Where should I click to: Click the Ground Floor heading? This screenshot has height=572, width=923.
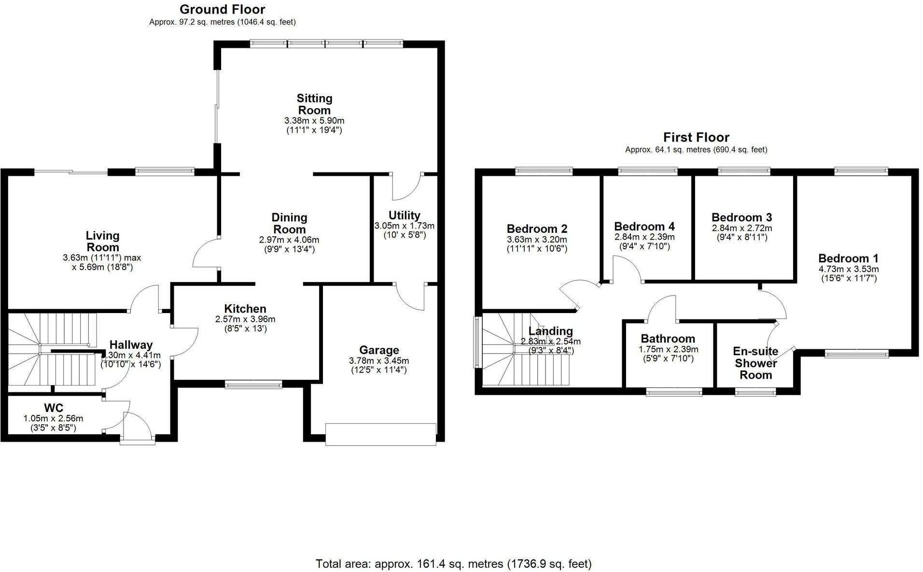(222, 9)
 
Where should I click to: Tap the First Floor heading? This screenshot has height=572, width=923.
(696, 137)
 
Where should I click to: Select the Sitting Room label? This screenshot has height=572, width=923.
(314, 104)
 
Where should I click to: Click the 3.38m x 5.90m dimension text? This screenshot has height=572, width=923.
(314, 121)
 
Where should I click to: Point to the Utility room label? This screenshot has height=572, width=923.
(404, 215)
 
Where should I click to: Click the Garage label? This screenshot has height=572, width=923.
(379, 350)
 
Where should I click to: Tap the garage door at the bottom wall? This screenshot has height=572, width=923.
(380, 434)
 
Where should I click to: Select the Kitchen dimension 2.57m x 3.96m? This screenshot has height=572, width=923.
(245, 319)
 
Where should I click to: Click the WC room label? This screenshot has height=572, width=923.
(54, 408)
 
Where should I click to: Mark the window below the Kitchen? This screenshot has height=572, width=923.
(253, 385)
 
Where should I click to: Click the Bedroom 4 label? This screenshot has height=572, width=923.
(644, 226)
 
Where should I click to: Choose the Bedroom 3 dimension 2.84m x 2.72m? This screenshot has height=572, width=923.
(741, 228)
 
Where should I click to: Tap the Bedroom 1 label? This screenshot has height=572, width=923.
(848, 258)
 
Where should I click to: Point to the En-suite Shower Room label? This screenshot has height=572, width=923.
(755, 363)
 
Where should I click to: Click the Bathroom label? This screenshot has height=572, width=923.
(668, 339)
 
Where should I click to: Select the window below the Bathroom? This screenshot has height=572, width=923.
(674, 392)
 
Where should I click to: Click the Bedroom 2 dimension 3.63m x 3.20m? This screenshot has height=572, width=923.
(537, 240)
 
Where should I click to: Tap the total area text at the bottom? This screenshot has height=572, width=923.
(453, 563)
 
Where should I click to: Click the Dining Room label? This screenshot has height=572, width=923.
(289, 223)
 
